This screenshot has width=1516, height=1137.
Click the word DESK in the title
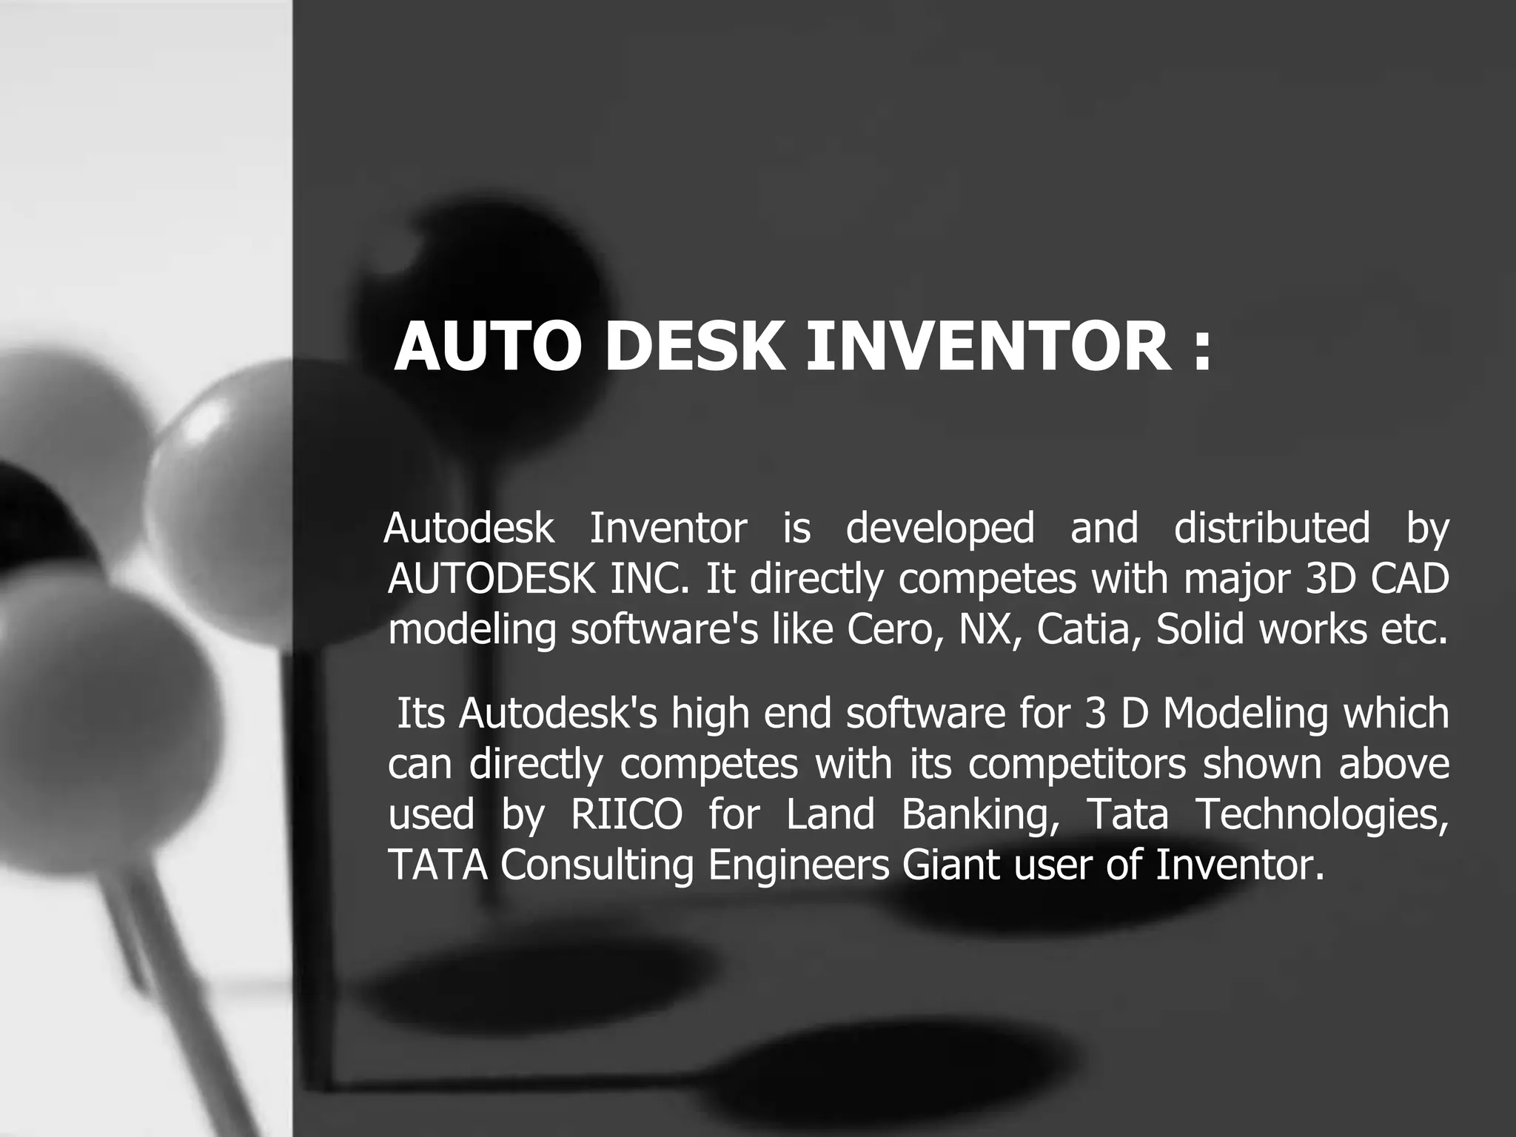click(x=694, y=346)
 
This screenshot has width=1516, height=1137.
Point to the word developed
click(x=940, y=529)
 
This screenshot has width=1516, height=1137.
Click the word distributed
click(x=1272, y=529)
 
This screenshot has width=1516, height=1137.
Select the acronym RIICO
click(x=627, y=814)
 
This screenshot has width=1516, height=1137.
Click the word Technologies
click(x=1321, y=814)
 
